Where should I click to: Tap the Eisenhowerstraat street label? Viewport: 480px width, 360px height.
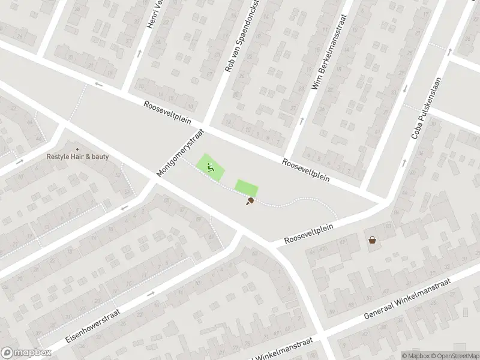[x=93, y=325]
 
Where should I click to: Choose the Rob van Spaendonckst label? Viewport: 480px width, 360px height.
[x=242, y=37]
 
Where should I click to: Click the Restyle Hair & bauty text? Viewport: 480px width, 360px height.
[x=78, y=157]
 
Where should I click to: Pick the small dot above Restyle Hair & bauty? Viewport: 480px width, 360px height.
[x=77, y=149]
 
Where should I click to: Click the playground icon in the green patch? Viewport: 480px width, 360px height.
[x=210, y=167]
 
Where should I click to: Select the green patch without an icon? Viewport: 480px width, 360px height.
[x=245, y=188]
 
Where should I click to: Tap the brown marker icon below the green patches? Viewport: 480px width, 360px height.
[x=249, y=202]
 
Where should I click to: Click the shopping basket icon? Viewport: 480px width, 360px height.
[x=373, y=241]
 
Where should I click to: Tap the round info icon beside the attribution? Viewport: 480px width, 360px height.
[x=397, y=355]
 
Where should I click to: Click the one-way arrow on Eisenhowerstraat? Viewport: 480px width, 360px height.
[x=150, y=293]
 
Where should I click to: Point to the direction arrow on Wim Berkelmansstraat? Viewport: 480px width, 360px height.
[x=301, y=119]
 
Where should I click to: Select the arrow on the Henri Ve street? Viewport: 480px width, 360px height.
[x=140, y=53]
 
